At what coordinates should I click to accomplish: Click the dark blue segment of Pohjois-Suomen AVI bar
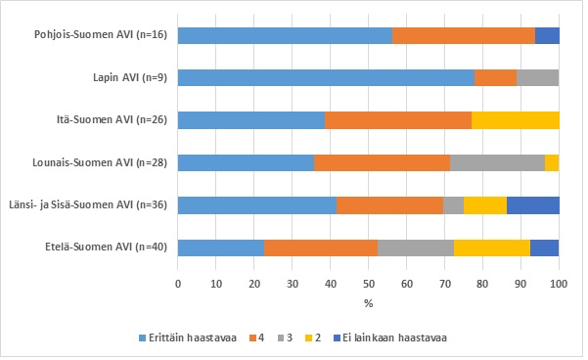click(547, 35)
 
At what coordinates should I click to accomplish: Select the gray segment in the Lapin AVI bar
click(538, 78)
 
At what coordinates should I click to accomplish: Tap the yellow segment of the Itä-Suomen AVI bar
click(516, 120)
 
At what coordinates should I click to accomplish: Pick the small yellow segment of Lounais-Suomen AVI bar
click(552, 162)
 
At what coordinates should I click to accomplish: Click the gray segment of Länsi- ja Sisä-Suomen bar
click(453, 205)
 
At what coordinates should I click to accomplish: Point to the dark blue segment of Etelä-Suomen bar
click(545, 247)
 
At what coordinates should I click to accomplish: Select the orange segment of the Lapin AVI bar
click(496, 78)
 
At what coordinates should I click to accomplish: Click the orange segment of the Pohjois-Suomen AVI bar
click(464, 35)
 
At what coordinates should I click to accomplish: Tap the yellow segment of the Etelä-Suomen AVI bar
click(492, 247)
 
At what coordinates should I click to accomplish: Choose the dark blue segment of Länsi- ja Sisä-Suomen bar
click(533, 205)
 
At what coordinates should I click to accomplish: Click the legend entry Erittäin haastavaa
click(188, 337)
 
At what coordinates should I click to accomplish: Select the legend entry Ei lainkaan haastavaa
click(390, 337)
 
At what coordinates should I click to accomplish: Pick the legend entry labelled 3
click(285, 337)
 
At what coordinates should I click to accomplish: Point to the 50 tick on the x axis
click(368, 284)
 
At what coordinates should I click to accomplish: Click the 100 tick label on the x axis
click(559, 284)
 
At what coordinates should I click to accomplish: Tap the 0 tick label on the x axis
click(178, 284)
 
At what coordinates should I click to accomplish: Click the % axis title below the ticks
click(368, 303)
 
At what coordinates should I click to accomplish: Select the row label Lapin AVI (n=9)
click(130, 77)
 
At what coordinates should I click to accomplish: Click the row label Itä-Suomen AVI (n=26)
click(112, 120)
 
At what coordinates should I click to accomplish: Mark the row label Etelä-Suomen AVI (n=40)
click(106, 247)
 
